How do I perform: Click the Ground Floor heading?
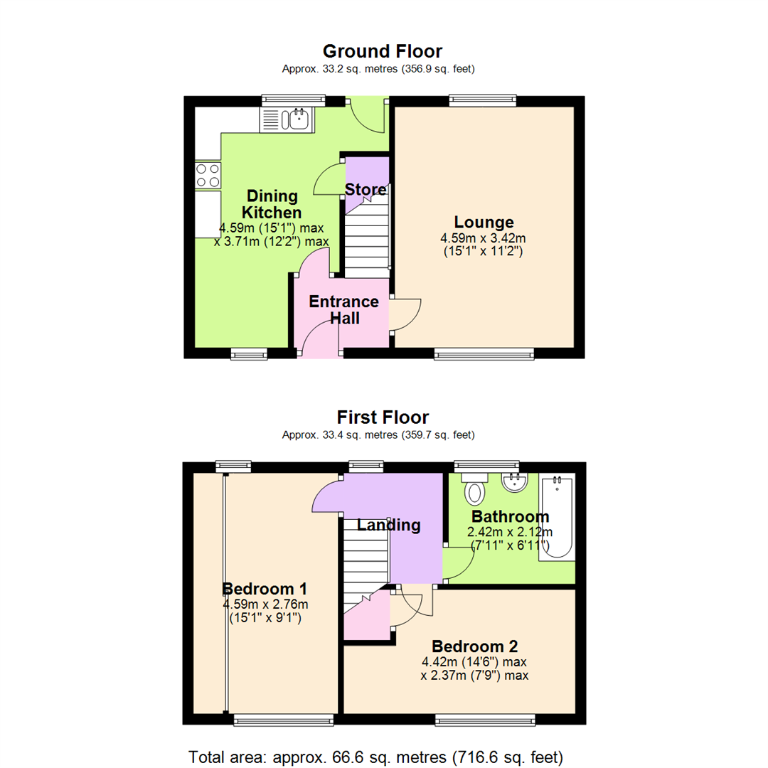(x=383, y=51)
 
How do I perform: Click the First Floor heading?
(x=383, y=417)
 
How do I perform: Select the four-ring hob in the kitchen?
(x=208, y=176)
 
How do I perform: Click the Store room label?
(x=366, y=190)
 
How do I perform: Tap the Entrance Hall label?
(x=343, y=309)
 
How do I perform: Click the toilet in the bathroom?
(x=473, y=489)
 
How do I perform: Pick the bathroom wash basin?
(x=515, y=484)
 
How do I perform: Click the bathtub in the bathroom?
(x=556, y=518)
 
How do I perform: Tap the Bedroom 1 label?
(x=265, y=589)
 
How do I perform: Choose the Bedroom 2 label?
(x=474, y=646)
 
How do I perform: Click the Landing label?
(x=388, y=526)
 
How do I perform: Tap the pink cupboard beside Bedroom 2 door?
(x=366, y=617)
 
